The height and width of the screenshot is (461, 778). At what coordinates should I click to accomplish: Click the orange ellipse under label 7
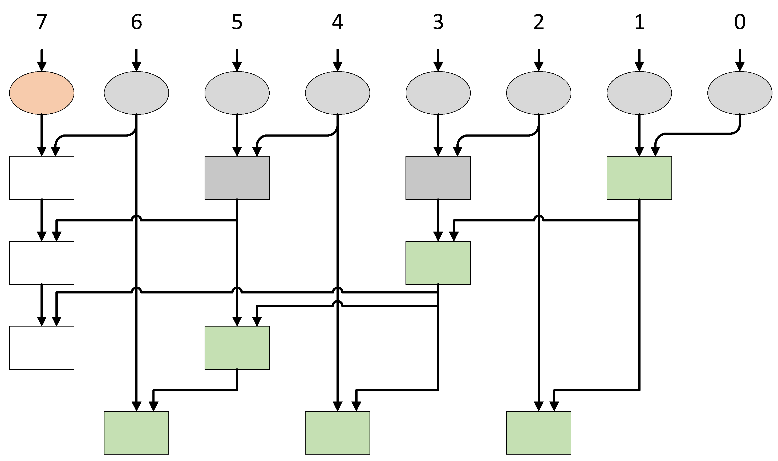(42, 93)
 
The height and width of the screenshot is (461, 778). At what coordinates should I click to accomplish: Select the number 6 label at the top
(136, 22)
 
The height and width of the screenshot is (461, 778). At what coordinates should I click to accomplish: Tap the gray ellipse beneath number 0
(740, 93)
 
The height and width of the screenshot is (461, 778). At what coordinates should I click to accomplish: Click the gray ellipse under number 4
(338, 93)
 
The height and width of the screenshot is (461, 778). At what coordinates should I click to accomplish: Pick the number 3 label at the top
(438, 22)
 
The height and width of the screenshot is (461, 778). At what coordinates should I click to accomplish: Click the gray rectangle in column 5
(237, 178)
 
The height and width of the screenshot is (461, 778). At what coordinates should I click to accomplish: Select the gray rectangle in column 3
(438, 178)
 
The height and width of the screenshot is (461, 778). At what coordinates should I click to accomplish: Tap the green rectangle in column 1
(639, 178)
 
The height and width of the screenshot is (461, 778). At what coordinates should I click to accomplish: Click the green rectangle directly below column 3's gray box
(438, 263)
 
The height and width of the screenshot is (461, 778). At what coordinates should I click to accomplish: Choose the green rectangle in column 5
(237, 348)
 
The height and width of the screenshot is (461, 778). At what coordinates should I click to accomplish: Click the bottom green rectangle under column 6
(136, 433)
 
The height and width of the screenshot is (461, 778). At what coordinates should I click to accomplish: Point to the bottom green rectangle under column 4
(338, 433)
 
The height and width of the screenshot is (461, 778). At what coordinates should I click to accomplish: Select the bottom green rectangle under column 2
(538, 433)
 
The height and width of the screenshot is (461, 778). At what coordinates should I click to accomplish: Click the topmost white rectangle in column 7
(42, 178)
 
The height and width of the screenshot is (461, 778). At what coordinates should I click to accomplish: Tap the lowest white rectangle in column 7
(42, 348)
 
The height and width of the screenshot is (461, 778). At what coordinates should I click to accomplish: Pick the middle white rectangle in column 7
(42, 263)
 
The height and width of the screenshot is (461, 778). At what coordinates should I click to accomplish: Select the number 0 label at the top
(740, 22)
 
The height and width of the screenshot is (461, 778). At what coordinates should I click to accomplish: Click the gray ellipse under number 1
(639, 93)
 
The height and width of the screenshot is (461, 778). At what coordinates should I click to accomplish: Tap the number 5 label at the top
(237, 22)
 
